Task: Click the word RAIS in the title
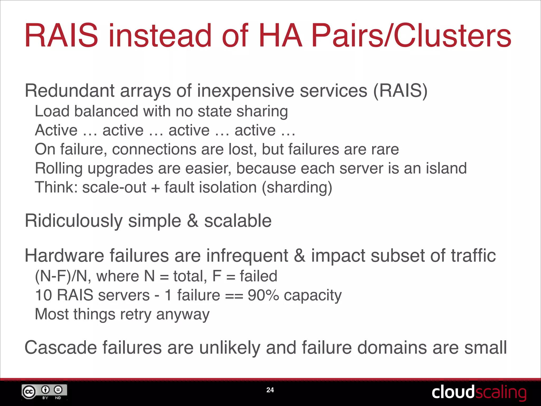61,36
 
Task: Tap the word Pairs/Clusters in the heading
411,36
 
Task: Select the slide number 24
270,390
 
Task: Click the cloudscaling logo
479,392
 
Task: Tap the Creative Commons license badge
44,392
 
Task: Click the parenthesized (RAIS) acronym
400,91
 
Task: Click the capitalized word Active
56,130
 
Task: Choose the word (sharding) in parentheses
297,187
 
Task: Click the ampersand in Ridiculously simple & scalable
193,221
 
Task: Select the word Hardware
64,256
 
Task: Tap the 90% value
263,295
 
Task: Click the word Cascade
61,347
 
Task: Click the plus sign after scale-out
156,188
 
